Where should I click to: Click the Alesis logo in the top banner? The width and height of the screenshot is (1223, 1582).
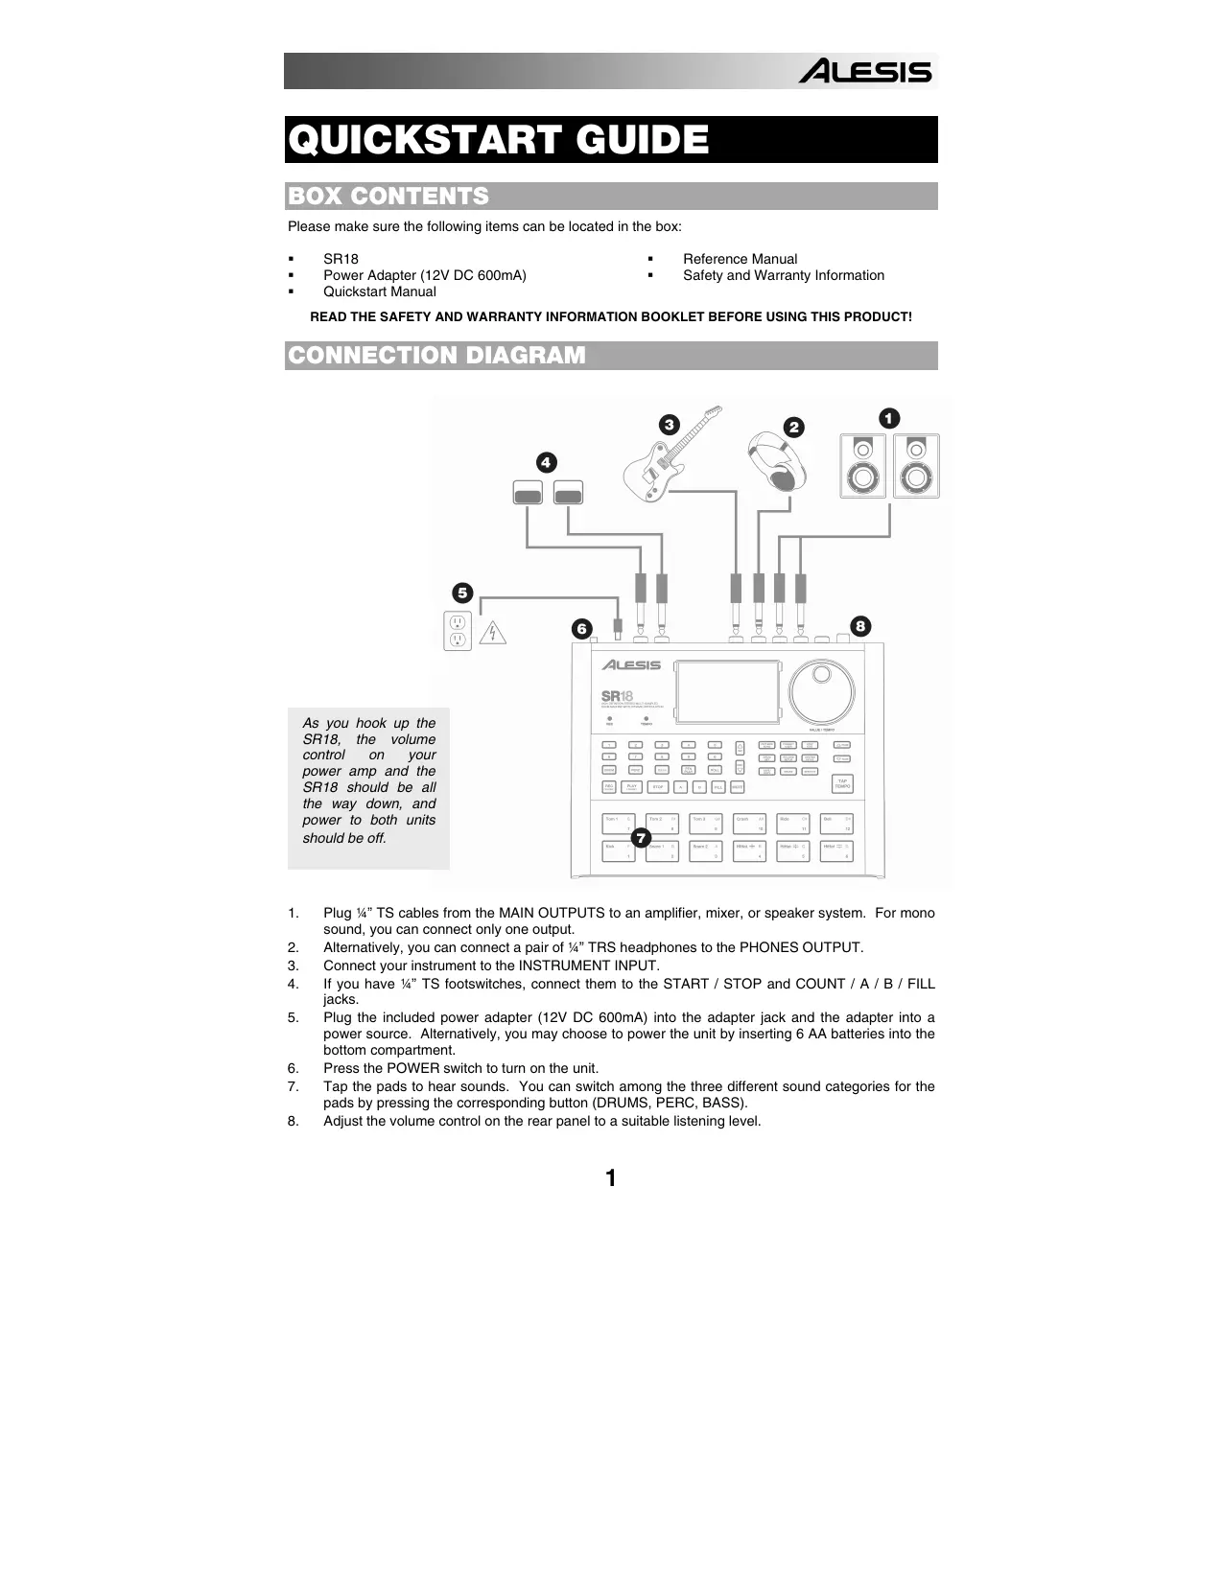pyautogui.click(x=865, y=72)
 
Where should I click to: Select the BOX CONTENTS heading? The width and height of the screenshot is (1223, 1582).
pyautogui.click(x=388, y=197)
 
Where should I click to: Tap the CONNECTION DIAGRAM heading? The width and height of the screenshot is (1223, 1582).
pyautogui.click(x=436, y=356)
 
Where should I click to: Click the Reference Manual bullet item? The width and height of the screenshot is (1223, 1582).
pyautogui.click(x=740, y=259)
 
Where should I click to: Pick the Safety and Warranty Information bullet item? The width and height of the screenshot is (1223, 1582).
pyautogui.click(x=783, y=275)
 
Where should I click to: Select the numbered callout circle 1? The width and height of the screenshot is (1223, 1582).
pyautogui.click(x=889, y=418)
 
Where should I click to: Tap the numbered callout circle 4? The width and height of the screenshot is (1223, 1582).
pyautogui.click(x=545, y=462)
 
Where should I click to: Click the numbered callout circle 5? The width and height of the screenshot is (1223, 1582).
pyautogui.click(x=462, y=592)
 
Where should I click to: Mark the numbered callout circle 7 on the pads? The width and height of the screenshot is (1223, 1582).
pyautogui.click(x=642, y=839)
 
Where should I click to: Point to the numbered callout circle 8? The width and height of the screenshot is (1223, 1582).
pyautogui.click(x=860, y=626)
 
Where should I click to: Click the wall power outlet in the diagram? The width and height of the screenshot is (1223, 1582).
pyautogui.click(x=458, y=630)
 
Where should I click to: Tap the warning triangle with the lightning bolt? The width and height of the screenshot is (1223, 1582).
pyautogui.click(x=492, y=632)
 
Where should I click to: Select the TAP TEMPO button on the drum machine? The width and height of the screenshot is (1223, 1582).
pyautogui.click(x=841, y=783)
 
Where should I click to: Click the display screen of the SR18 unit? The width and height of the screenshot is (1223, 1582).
pyautogui.click(x=726, y=692)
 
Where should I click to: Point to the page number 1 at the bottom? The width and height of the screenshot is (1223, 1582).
pyautogui.click(x=610, y=1178)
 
